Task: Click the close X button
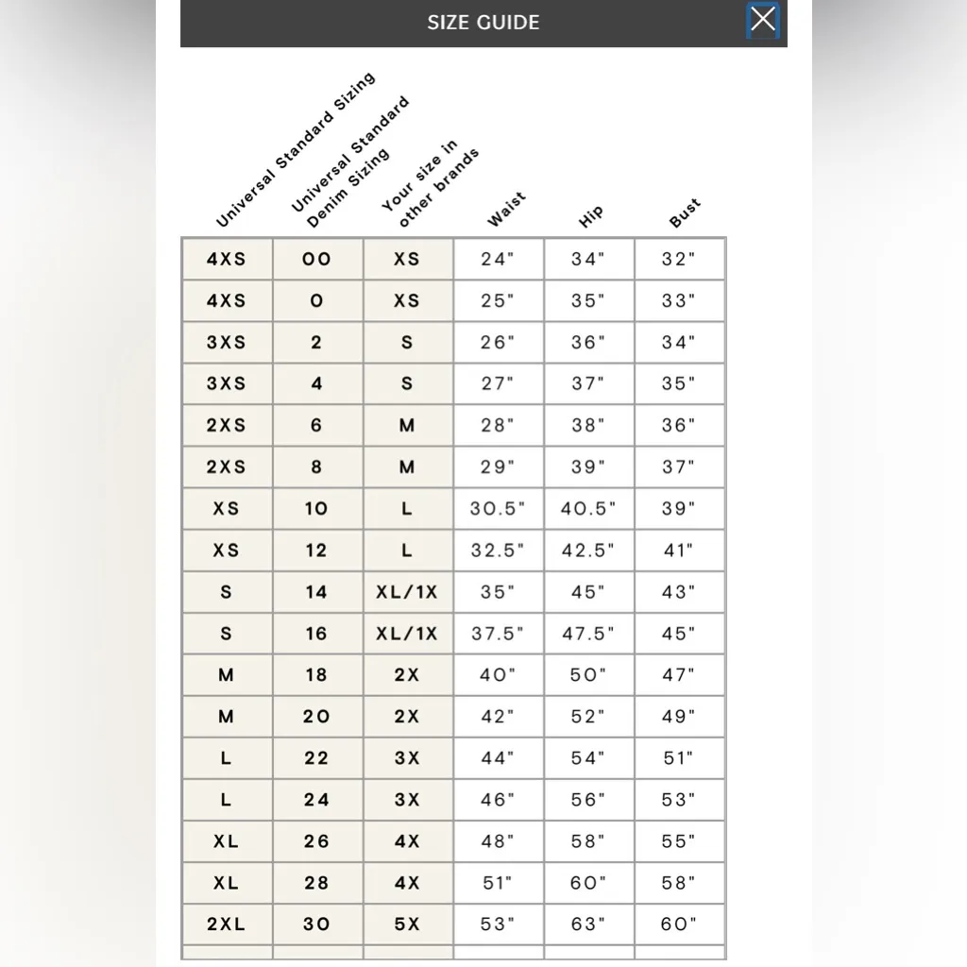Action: [763, 20]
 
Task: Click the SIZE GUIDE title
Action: [483, 23]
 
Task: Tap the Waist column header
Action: [506, 210]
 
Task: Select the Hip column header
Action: [591, 216]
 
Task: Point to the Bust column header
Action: [685, 213]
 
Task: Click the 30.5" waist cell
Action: [498, 508]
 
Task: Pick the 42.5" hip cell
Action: [588, 550]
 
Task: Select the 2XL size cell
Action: [226, 925]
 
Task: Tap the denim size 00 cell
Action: [316, 259]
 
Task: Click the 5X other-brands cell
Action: [407, 925]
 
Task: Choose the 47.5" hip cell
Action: [588, 634]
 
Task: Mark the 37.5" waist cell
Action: [498, 634]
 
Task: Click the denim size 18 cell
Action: [316, 675]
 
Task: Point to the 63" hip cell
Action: [588, 925]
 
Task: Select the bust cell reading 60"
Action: [679, 925]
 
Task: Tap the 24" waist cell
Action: [498, 259]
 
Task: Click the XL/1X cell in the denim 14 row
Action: [407, 592]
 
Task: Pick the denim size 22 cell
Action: [316, 758]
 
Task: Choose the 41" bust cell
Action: [679, 550]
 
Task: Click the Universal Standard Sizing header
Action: [295, 151]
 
